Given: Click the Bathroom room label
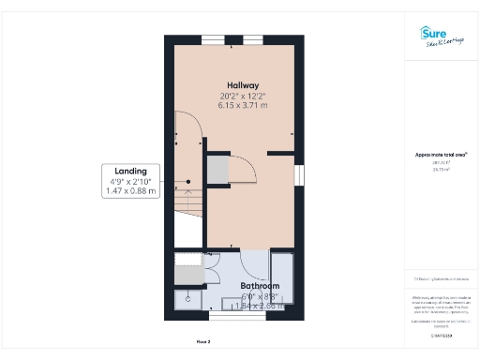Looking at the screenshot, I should [x=260, y=285].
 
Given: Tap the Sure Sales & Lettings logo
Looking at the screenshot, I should [x=440, y=37].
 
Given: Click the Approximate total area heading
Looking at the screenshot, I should [x=440, y=154].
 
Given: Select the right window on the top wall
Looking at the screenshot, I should [x=253, y=39].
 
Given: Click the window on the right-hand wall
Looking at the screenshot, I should [x=301, y=174].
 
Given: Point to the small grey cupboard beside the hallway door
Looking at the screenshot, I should [x=217, y=169].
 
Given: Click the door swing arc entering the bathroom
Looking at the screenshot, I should [x=253, y=265].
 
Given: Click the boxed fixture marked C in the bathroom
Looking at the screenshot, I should [x=187, y=299].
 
